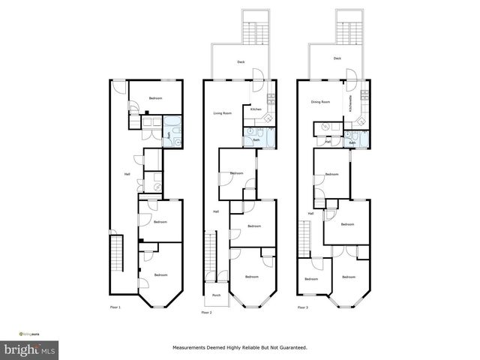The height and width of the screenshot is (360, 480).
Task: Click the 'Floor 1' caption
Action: (x=115, y=307)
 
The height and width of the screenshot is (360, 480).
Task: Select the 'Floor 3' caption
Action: (x=301, y=307)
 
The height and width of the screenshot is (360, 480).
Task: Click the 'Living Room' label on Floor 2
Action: (x=222, y=113)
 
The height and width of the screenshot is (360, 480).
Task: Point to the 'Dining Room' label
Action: (x=321, y=101)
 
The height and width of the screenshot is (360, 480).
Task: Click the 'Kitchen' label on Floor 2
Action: (x=256, y=109)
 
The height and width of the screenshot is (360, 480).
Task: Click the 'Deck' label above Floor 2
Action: (x=241, y=62)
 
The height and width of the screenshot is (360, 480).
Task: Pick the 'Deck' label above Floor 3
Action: (x=337, y=58)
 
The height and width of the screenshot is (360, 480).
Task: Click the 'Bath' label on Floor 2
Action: (x=256, y=139)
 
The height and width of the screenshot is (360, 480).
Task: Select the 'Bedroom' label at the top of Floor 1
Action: (x=155, y=99)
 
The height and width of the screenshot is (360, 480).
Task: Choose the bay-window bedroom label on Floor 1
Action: (x=160, y=275)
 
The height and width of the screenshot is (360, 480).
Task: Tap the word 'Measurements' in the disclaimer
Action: (x=190, y=348)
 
